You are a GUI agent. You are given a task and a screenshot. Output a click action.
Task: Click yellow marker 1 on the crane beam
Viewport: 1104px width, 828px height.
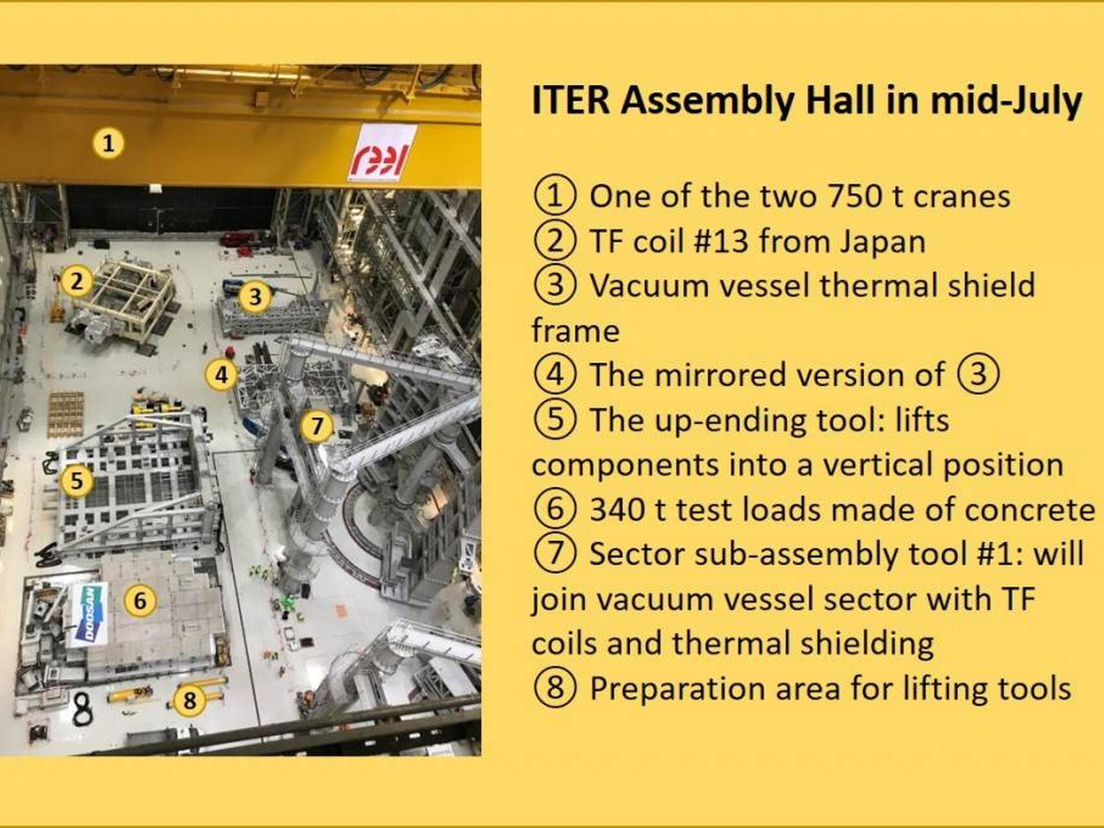click(x=108, y=143)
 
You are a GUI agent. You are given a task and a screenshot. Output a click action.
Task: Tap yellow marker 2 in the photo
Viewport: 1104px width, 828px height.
click(x=77, y=281)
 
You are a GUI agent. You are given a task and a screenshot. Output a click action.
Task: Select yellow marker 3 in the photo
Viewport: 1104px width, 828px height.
click(x=255, y=296)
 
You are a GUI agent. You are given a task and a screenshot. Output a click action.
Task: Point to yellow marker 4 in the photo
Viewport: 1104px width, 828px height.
click(x=221, y=375)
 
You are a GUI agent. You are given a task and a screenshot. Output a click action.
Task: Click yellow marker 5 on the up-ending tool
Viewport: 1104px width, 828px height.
click(x=77, y=481)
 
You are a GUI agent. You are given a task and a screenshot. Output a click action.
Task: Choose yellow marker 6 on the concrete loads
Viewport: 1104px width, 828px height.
click(x=140, y=601)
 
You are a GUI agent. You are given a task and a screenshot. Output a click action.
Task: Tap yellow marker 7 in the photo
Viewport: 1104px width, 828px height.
click(x=317, y=426)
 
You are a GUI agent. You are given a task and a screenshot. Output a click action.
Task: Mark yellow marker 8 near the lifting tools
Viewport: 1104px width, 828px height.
click(x=190, y=700)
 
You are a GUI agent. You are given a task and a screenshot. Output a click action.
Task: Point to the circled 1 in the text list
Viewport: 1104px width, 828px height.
click(x=555, y=196)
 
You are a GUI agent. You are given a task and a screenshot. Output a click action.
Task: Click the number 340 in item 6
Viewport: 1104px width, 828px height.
click(x=618, y=510)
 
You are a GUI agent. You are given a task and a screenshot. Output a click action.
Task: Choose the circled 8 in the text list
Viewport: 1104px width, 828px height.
click(x=555, y=688)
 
